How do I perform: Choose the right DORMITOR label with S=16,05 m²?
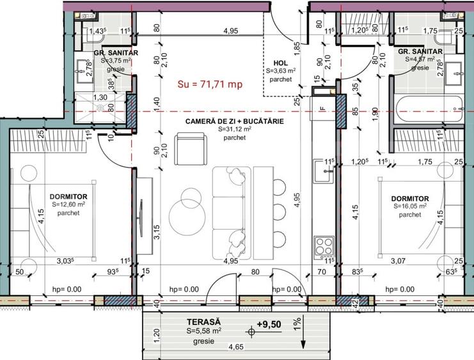point(410,199)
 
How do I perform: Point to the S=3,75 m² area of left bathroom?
point(116,60)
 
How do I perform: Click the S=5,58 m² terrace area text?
point(204,331)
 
